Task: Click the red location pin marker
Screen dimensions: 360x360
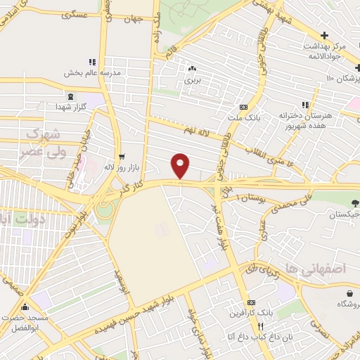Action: [181, 165]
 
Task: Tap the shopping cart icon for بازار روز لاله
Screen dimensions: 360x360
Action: [122, 157]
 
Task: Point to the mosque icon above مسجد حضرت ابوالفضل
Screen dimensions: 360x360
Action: [25, 307]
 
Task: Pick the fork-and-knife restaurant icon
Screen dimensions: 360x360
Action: [261, 326]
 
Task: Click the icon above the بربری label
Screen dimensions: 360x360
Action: [192, 69]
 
